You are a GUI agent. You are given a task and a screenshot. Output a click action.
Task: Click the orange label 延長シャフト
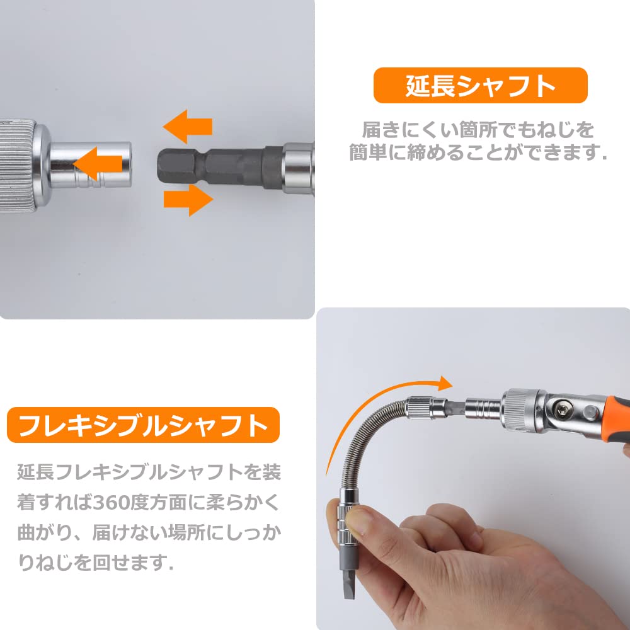click(x=480, y=86)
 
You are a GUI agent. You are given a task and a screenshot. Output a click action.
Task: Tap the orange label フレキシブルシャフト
click(x=143, y=425)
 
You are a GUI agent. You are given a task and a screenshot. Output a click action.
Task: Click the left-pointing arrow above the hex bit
click(x=188, y=126)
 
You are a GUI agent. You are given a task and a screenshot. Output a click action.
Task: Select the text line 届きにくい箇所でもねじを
click(x=478, y=130)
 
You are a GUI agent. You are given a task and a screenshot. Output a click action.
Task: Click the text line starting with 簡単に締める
click(x=478, y=153)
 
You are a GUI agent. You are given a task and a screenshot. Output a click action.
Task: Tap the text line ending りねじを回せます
click(x=94, y=561)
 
